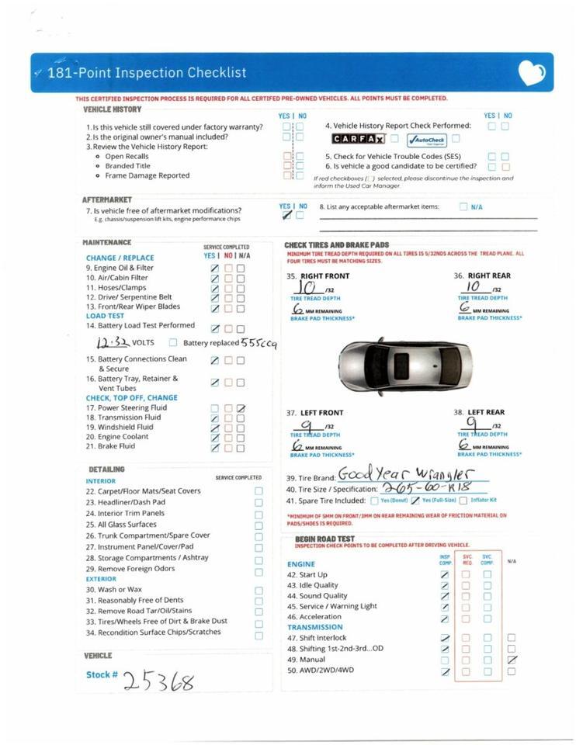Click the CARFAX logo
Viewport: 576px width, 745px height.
click(x=358, y=139)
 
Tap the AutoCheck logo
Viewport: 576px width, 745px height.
click(x=427, y=140)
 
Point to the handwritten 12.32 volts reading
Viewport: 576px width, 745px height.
click(x=112, y=343)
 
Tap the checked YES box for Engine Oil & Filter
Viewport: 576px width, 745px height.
click(x=215, y=269)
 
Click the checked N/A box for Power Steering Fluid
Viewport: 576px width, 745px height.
click(x=241, y=408)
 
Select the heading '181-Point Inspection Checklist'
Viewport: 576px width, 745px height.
click(x=147, y=73)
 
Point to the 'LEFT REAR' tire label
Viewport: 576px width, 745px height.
click(x=485, y=413)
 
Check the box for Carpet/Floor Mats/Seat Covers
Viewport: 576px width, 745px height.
click(x=259, y=491)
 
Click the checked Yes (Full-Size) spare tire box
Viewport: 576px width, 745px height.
click(x=415, y=501)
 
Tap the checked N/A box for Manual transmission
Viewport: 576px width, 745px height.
click(x=511, y=660)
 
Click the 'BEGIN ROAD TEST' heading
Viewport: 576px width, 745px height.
click(x=324, y=539)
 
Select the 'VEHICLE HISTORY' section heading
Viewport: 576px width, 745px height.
click(x=113, y=110)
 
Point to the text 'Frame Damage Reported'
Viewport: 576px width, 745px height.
click(x=147, y=175)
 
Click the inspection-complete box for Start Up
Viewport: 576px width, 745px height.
click(x=445, y=575)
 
